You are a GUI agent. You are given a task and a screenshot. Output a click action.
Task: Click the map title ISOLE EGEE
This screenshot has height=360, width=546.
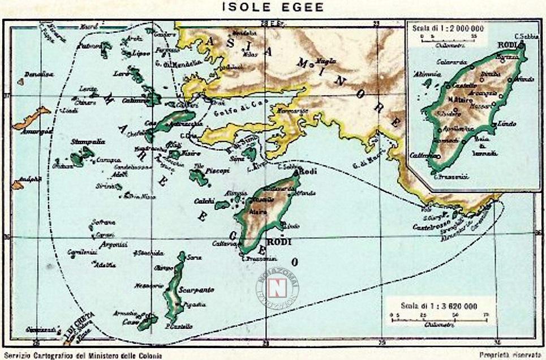tap(273, 7)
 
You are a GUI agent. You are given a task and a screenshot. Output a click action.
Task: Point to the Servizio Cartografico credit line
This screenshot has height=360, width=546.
tap(82, 355)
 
